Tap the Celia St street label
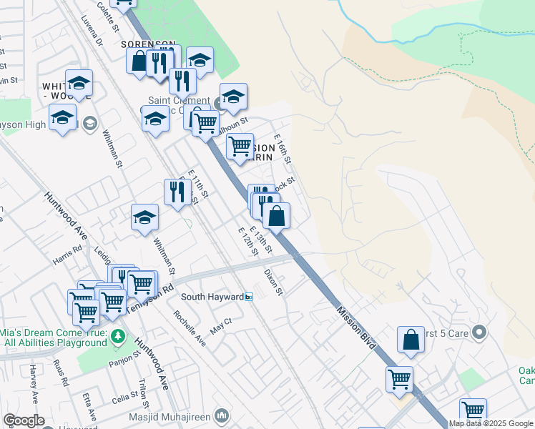tap(124, 396)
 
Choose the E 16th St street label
tap(284, 149)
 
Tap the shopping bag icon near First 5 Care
tap(411, 340)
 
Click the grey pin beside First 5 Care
tap(479, 332)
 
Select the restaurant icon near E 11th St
tap(175, 192)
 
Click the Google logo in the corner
tap(24, 420)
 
